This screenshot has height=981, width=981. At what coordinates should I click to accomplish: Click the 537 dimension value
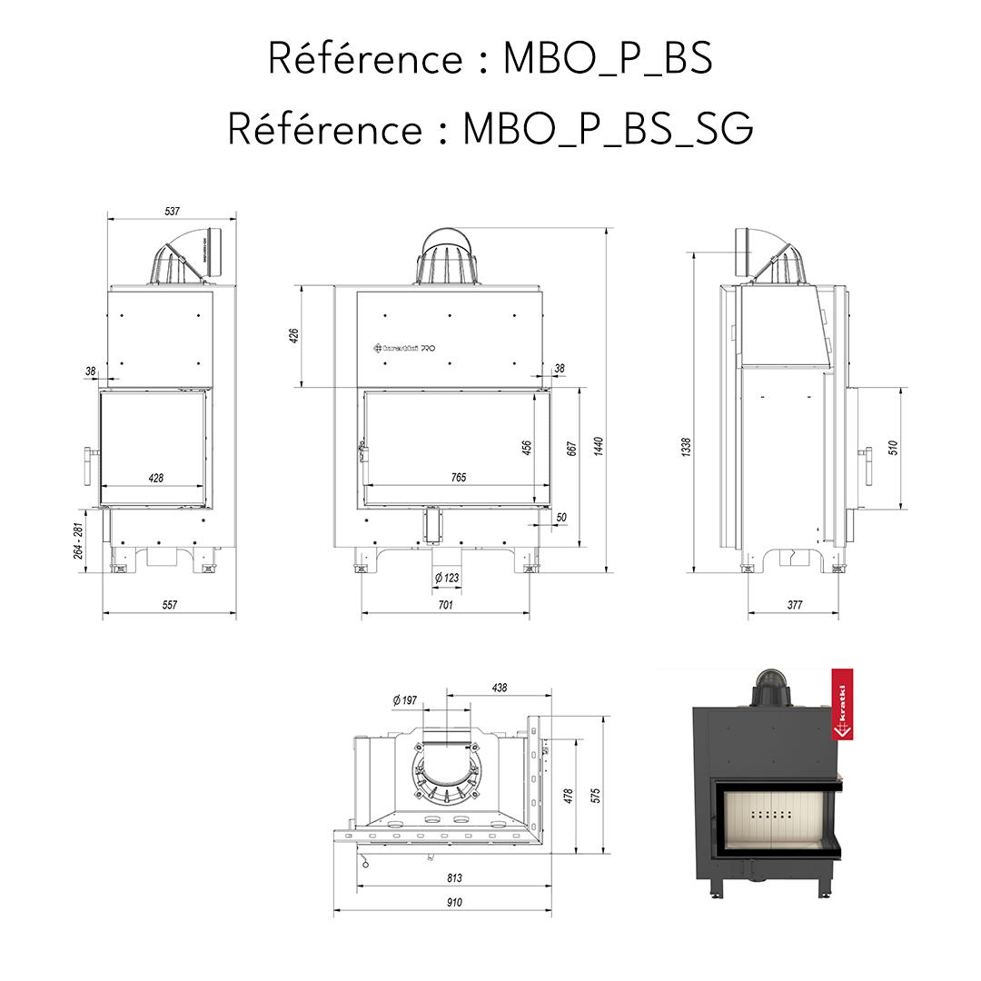(x=172, y=211)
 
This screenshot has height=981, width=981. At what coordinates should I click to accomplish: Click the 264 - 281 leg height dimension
(x=79, y=542)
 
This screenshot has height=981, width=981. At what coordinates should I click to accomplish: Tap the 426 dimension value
(x=293, y=336)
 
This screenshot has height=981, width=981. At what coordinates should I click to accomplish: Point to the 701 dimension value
(x=444, y=604)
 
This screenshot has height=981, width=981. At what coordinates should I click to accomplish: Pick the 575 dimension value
(x=596, y=796)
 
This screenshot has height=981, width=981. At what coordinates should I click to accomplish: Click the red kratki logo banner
(x=843, y=707)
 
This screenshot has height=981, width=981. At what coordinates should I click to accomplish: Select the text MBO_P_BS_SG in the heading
(x=608, y=129)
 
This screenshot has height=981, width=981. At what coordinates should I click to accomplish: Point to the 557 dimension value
(x=169, y=604)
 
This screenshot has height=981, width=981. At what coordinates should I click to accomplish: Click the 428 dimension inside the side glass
(x=155, y=478)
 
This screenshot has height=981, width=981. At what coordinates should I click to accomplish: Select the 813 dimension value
(x=454, y=877)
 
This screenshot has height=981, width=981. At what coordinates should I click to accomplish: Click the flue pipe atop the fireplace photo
(x=770, y=688)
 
